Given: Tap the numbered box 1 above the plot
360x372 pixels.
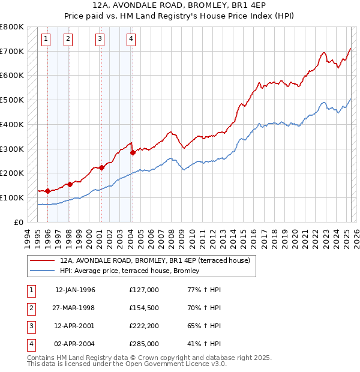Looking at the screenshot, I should tap(47, 40).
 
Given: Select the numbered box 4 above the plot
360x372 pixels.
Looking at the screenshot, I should tap(131, 40).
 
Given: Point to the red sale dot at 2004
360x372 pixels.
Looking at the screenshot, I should tap(133, 152).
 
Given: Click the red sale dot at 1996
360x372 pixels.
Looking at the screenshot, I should tap(47, 191).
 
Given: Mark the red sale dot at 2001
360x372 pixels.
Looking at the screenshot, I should tap(101, 167).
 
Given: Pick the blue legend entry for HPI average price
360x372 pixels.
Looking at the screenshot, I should tap(133, 271).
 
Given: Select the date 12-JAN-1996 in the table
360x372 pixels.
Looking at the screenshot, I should tap(75, 290).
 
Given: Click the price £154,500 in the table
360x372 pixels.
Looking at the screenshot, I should tap(144, 308).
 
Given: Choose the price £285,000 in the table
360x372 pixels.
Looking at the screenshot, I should tap(144, 344).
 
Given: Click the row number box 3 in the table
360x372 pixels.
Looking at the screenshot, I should tap(31, 326).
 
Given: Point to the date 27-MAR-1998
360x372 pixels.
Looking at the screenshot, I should tap(75, 308).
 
